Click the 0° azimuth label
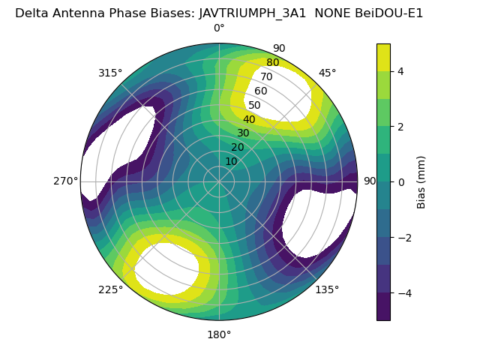(219, 28)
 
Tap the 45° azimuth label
(327, 73)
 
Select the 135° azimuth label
(327, 289)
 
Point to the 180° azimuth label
(219, 334)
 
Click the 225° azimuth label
(110, 289)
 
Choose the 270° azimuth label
(66, 181)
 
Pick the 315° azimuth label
(110, 73)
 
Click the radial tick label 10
(231, 161)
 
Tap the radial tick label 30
(243, 133)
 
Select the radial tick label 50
(254, 106)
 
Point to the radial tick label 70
(266, 77)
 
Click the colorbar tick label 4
(400, 71)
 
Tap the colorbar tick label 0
(400, 181)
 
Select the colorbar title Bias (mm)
(421, 181)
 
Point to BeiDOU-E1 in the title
(388, 13)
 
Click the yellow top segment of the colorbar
(383, 57)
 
